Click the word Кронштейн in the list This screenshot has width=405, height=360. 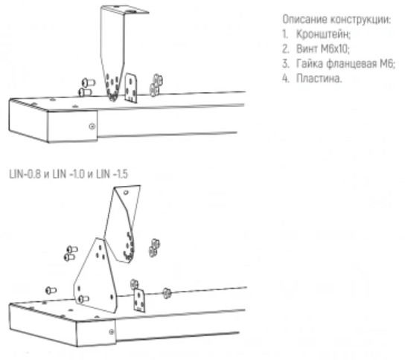323,34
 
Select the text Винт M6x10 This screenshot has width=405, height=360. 322,49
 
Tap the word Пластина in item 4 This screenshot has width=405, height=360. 319,78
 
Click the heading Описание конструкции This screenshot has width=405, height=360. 337,19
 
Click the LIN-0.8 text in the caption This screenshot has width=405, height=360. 25,174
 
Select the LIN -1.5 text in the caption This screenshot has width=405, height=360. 112,174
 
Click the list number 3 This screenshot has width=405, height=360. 285,64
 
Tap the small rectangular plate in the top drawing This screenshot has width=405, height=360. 131,88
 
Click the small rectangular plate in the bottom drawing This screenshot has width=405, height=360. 139,300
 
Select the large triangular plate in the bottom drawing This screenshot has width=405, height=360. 95,276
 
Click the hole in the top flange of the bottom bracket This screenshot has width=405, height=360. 126,193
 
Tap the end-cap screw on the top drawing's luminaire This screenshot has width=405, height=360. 92,126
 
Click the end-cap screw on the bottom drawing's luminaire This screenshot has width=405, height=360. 112,332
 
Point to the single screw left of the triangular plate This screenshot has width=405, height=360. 51,291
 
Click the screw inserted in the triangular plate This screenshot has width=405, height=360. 83,299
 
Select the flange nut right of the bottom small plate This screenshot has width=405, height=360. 167,293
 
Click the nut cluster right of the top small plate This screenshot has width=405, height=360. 156,85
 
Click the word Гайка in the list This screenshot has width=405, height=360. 309,64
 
